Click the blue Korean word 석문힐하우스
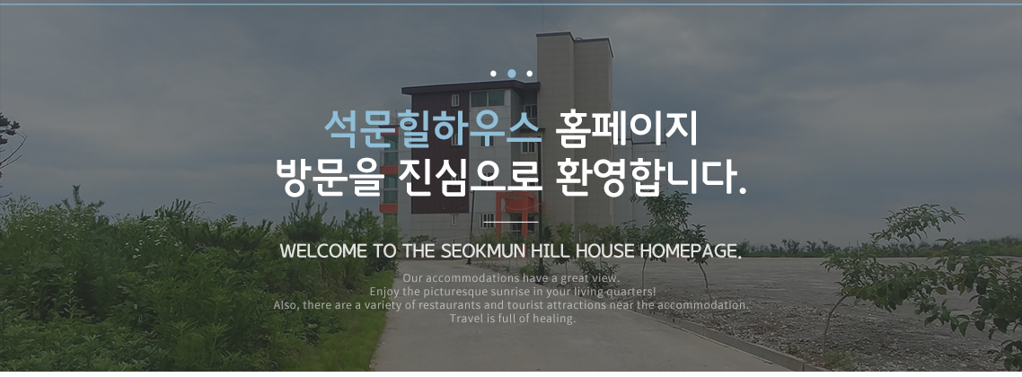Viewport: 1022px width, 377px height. [x=433, y=128]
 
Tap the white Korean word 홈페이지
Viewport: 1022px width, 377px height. [x=627, y=128]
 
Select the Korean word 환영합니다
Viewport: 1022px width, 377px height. [x=652, y=177]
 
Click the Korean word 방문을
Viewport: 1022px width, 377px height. [x=327, y=177]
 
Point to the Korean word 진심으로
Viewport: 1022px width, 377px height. [x=469, y=177]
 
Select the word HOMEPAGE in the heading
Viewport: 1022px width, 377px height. [x=691, y=251]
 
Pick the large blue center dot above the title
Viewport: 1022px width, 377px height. [x=512, y=74]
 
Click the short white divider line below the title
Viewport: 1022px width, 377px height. [x=511, y=222]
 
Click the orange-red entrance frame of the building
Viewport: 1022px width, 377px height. [x=518, y=207]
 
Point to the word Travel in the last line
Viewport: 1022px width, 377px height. [x=464, y=319]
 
